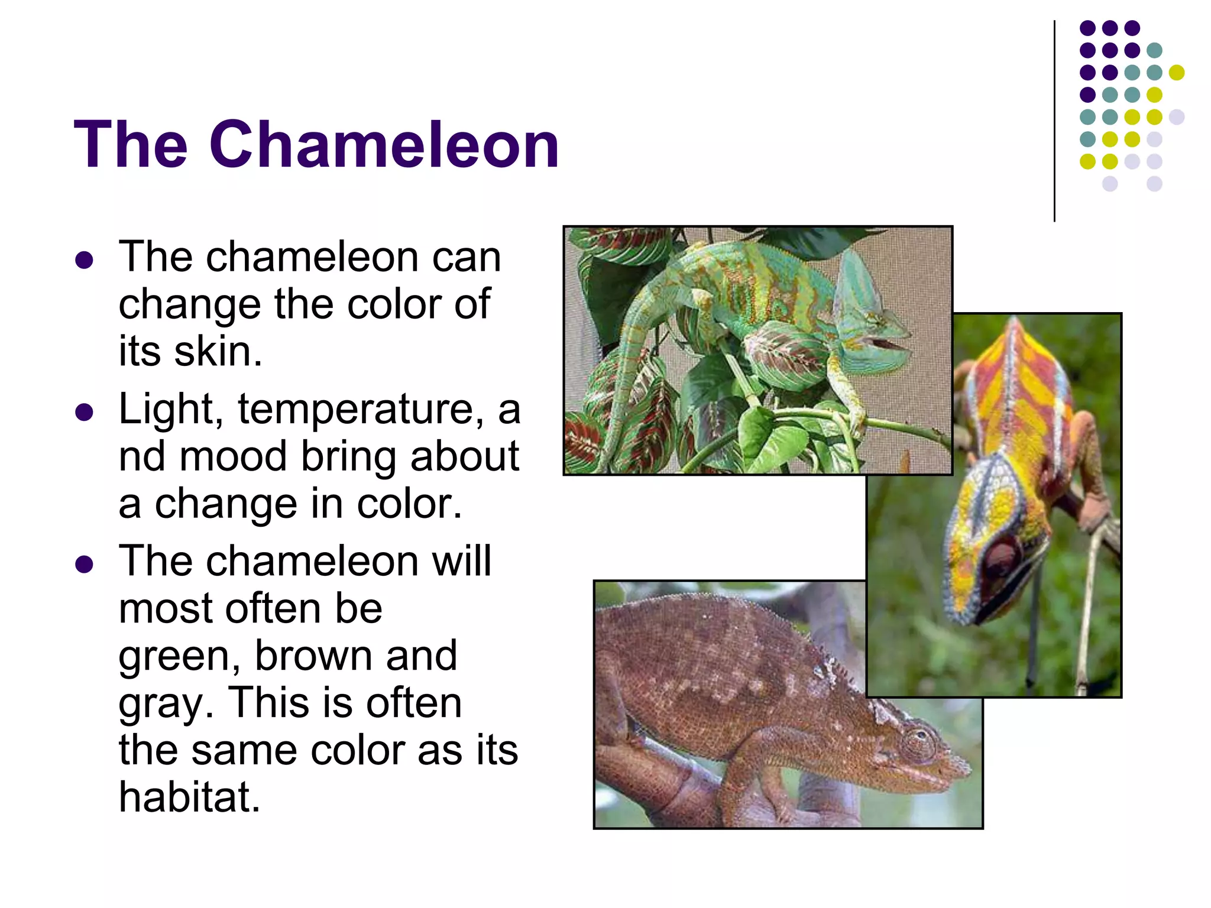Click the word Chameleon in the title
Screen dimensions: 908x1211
[384, 145]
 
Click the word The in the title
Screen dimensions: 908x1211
[131, 145]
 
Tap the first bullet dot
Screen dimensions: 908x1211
[85, 260]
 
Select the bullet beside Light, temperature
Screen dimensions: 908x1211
[85, 412]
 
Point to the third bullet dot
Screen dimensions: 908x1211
[85, 564]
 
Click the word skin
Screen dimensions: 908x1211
[217, 352]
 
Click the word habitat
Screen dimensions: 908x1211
[189, 797]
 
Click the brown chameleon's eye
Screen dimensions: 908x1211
[917, 742]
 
